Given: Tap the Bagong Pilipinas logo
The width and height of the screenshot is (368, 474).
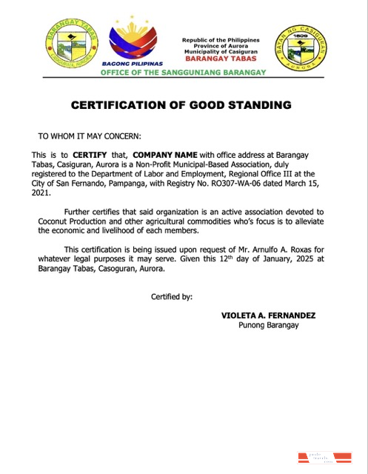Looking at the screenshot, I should (x=137, y=43).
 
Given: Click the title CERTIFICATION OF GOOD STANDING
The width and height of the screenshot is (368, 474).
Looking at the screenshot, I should (x=181, y=105).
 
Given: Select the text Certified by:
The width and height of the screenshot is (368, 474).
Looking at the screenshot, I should (x=172, y=296).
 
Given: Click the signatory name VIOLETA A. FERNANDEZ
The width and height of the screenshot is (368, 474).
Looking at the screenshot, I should (x=268, y=316).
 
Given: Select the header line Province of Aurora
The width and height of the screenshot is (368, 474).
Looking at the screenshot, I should (x=221, y=45).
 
